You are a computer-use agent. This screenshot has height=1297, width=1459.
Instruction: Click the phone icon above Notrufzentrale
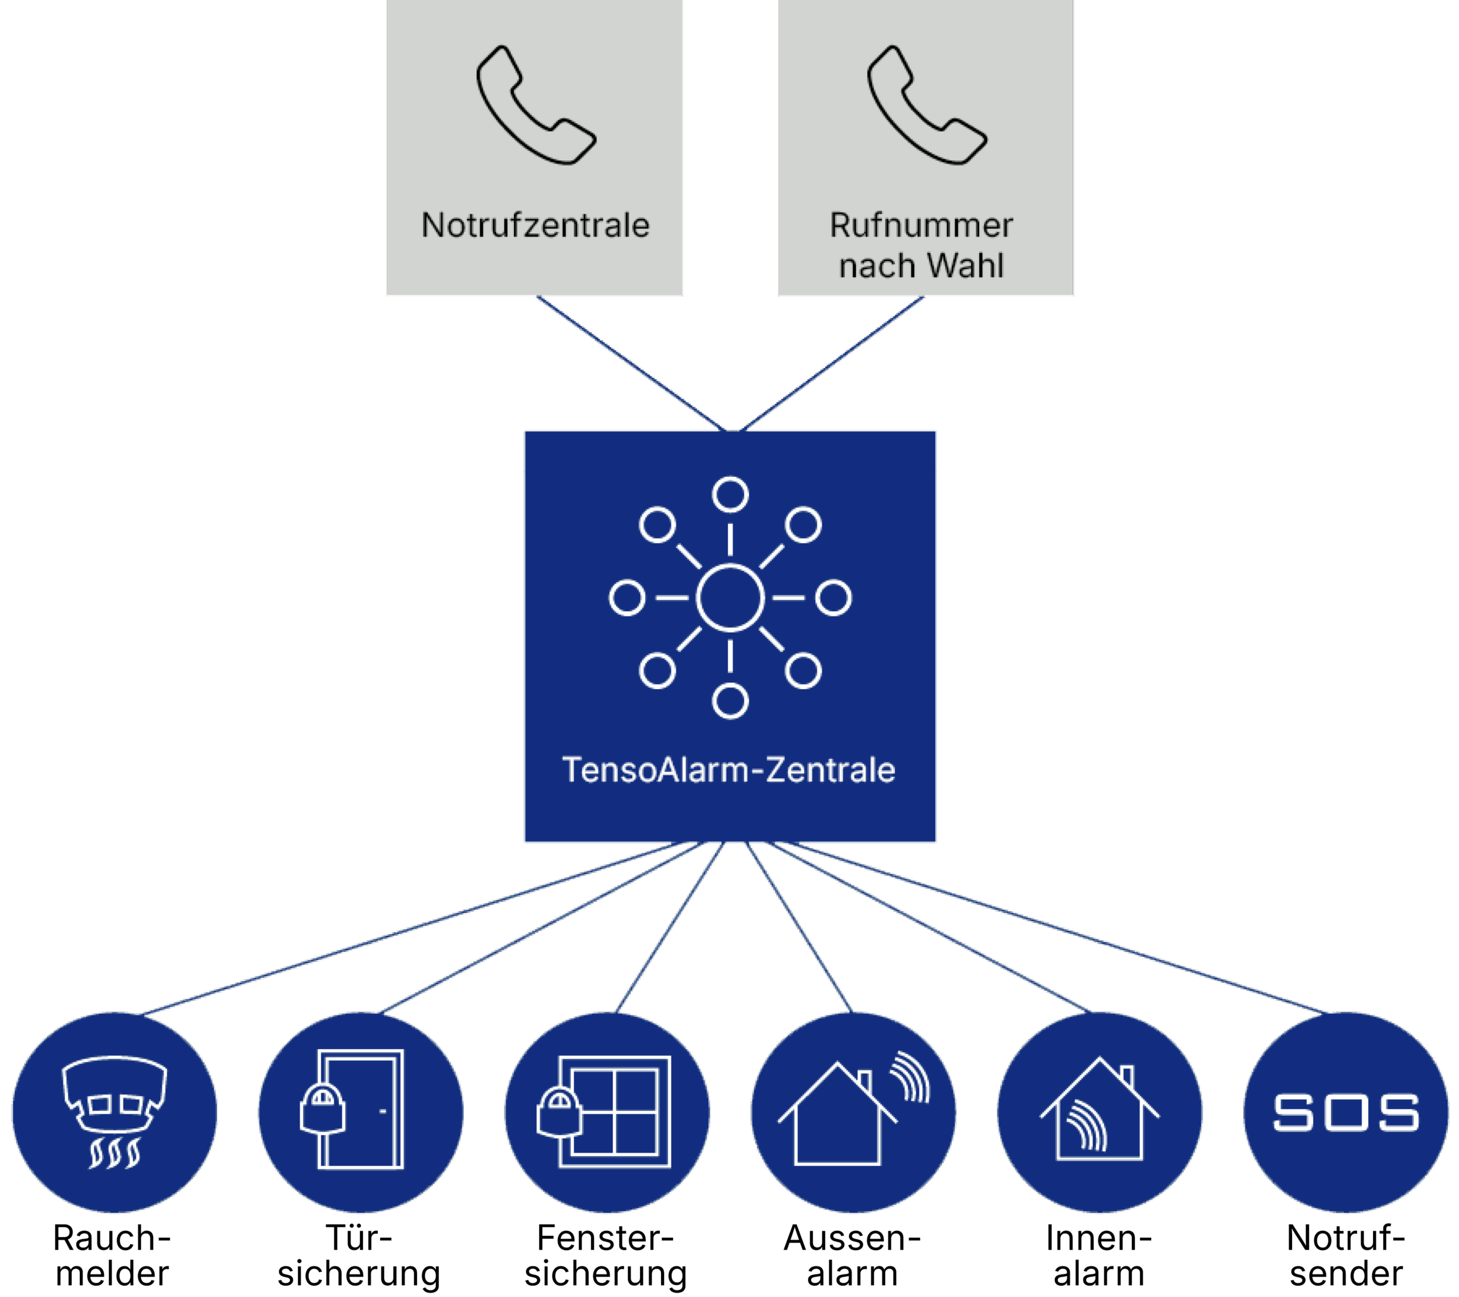pyautogui.click(x=535, y=105)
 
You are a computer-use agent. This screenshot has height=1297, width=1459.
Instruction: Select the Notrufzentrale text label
pyautogui.click(x=535, y=226)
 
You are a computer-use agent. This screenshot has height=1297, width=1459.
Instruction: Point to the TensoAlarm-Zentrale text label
pyautogui.click(x=729, y=770)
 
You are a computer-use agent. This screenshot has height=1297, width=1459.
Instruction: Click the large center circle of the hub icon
pyautogui.click(x=729, y=598)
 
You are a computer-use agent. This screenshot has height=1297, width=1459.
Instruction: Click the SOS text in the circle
pyautogui.click(x=1346, y=1113)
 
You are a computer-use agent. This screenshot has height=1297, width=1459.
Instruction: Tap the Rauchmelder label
pyautogui.click(x=112, y=1255)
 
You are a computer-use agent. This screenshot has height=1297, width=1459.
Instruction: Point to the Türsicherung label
pyautogui.click(x=358, y=1255)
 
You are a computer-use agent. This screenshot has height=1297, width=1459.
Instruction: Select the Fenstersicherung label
pyautogui.click(x=605, y=1255)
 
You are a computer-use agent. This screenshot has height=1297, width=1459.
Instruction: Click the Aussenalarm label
pyautogui.click(x=851, y=1255)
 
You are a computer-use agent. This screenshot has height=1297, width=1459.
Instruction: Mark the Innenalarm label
pyautogui.click(x=1099, y=1255)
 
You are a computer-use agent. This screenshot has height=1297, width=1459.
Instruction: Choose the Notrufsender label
pyautogui.click(x=1346, y=1255)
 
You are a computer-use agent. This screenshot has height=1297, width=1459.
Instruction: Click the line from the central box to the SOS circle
pyautogui.click(x=1057, y=929)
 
